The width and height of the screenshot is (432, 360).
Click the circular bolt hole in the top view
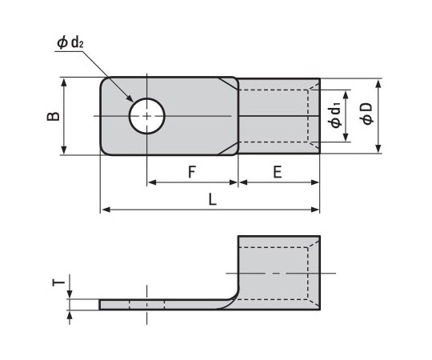point(146,116)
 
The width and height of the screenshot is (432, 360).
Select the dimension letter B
point(51,116)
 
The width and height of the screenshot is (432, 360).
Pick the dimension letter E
point(277,171)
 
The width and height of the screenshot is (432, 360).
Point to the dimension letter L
point(212,201)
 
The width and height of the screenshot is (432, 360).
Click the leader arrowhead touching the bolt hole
point(133,102)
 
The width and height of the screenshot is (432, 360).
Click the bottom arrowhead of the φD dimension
point(379,150)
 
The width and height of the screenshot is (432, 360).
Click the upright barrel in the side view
point(278,272)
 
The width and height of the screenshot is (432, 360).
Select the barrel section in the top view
point(278,116)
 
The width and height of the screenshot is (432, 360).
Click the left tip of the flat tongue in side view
point(102,305)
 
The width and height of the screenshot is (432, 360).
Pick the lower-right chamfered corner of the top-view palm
point(230,150)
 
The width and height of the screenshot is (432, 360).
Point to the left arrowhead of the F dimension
point(151,182)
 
